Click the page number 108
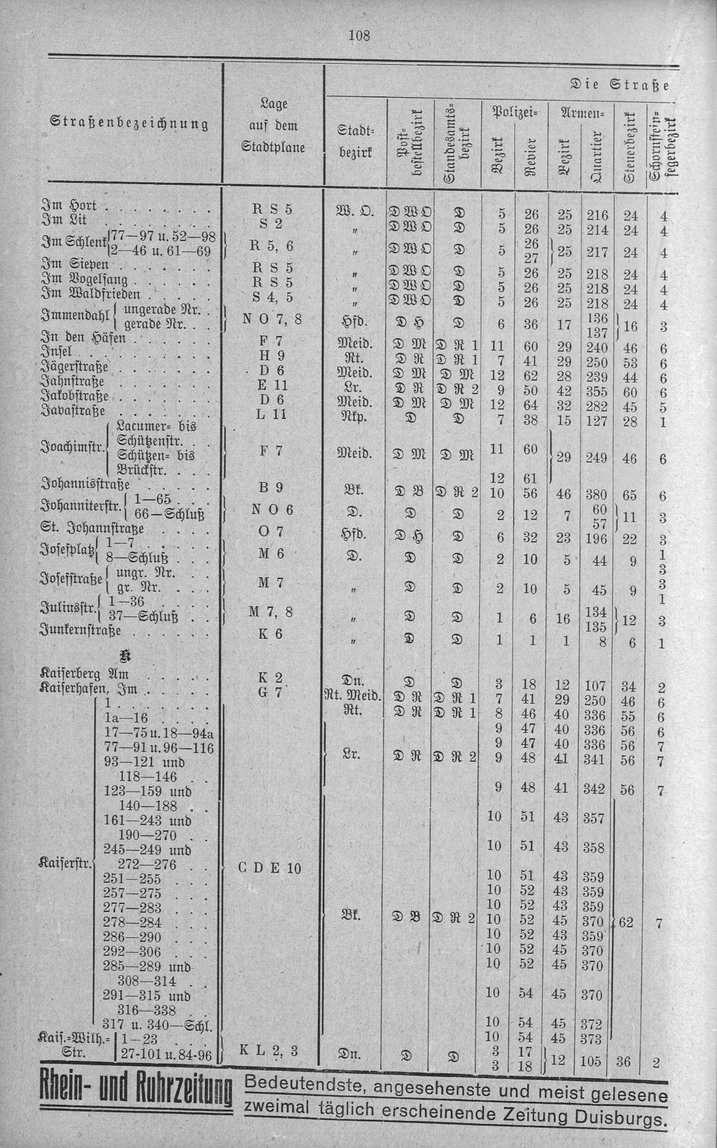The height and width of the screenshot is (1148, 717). [358, 36]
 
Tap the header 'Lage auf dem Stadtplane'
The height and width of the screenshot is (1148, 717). [273, 125]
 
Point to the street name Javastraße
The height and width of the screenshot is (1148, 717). [74, 411]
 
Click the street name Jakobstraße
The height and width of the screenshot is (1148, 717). [75, 396]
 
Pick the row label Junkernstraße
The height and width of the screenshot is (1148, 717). [80, 631]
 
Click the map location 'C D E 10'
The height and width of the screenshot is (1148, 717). [269, 868]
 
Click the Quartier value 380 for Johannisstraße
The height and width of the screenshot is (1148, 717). [594, 494]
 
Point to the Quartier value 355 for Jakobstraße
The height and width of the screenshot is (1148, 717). [594, 392]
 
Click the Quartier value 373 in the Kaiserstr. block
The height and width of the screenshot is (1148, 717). [593, 1037]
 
